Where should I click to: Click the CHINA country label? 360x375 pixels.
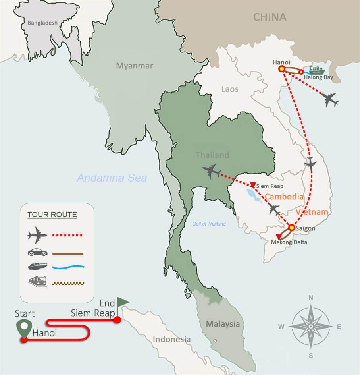(270, 17)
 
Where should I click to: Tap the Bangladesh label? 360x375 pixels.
(42, 23)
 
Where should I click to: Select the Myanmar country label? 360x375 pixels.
(134, 66)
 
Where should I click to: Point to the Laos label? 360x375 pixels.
(230, 89)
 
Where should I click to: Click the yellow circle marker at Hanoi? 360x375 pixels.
(281, 69)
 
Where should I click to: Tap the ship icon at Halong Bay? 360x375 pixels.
(316, 71)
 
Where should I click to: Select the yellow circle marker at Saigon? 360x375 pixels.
(292, 228)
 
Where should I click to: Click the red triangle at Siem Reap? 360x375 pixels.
(253, 185)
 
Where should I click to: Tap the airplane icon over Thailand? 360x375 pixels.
(212, 171)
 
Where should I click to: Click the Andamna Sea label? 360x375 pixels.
(112, 178)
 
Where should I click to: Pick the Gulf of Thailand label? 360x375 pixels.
(209, 224)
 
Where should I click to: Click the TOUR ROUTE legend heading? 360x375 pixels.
(52, 215)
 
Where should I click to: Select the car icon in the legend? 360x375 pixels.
(38, 253)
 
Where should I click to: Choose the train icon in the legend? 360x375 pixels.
(38, 282)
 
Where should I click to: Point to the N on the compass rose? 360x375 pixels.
(311, 297)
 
